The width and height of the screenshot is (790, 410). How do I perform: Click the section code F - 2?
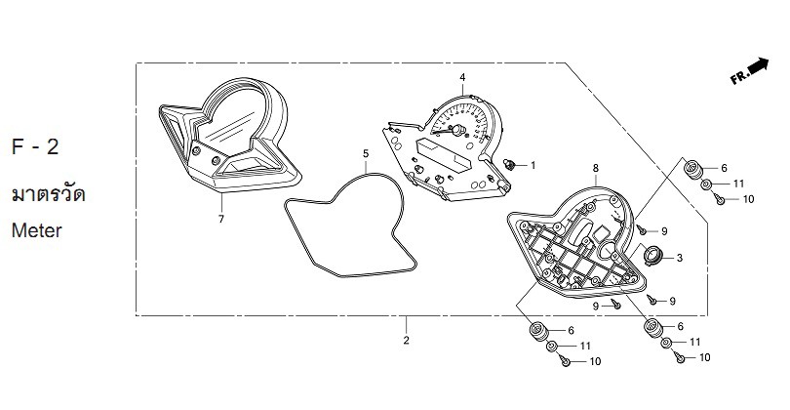[35, 146]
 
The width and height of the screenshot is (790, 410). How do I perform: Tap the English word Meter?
[37, 230]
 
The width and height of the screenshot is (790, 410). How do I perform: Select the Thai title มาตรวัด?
[49, 194]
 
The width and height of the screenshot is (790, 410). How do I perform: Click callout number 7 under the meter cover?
[221, 219]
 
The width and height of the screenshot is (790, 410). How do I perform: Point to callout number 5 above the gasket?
[366, 153]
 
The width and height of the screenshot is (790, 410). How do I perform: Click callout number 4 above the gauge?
[462, 77]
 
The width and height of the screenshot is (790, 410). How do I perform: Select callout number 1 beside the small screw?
[533, 165]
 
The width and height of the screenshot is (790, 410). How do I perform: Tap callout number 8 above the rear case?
[596, 168]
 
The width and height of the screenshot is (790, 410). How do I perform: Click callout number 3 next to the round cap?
[680, 258]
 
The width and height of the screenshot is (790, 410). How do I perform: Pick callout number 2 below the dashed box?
[406, 341]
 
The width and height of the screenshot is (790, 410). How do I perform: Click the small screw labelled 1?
[510, 164]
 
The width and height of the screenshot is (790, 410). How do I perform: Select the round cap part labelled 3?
[652, 254]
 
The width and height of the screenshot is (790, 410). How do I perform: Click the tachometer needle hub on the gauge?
[458, 130]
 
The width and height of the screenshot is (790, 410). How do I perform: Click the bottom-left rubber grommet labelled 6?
[538, 331]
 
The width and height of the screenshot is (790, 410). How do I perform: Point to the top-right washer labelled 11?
[706, 184]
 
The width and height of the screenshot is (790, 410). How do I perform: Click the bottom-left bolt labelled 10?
[566, 361]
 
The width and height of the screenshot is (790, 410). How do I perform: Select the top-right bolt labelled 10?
[720, 199]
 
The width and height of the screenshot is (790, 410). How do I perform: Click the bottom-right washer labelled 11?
[666, 343]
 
